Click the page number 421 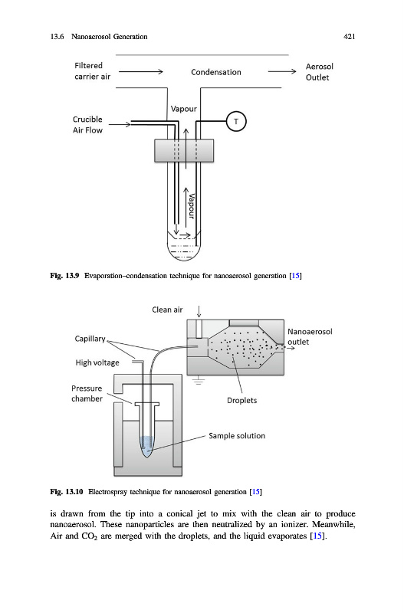(x=350, y=36)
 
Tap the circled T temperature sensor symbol (x=236, y=121)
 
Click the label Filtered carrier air (x=92, y=71)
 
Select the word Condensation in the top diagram (x=216, y=72)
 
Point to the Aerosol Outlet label (x=319, y=72)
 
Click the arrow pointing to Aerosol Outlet (x=282, y=71)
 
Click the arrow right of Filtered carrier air (x=141, y=71)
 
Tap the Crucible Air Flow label (x=87, y=125)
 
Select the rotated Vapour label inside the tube (x=191, y=206)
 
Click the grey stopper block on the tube (x=184, y=150)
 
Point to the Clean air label (x=167, y=310)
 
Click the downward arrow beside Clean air (x=199, y=312)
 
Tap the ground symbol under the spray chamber (x=199, y=380)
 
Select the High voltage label (x=97, y=362)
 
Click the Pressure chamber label (x=87, y=393)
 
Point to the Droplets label (x=241, y=400)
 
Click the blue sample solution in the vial (x=147, y=446)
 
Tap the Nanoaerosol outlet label (x=310, y=336)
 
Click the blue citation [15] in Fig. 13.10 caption (x=256, y=491)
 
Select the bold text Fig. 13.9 (x=64, y=276)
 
